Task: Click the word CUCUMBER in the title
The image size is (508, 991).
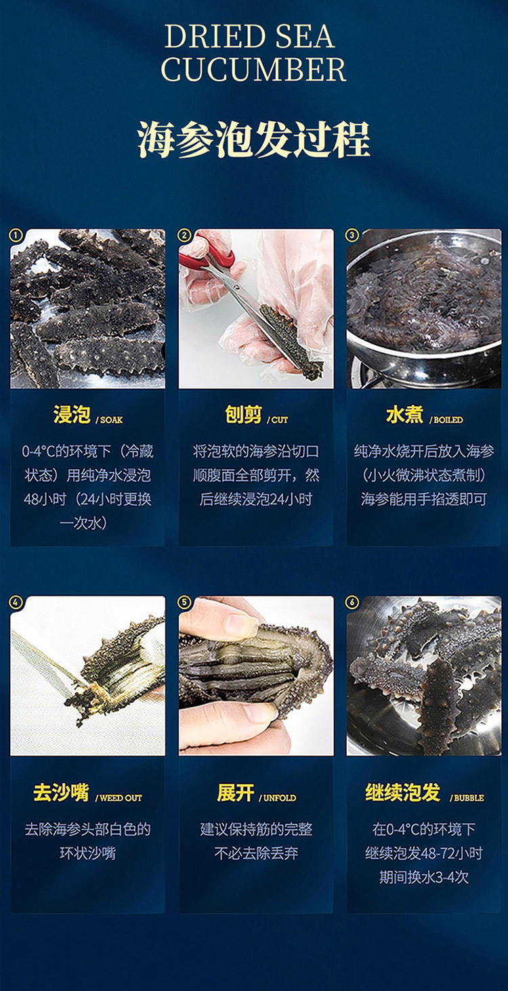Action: [254, 70]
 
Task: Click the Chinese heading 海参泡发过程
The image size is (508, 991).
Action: [254, 139]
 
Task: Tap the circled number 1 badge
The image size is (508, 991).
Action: [16, 236]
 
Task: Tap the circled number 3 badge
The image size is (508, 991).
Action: [352, 236]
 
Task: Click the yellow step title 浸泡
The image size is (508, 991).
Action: [72, 415]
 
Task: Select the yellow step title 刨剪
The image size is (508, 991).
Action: [244, 415]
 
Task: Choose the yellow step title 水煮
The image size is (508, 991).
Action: [404, 415]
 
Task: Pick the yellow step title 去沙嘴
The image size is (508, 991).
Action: [61, 793]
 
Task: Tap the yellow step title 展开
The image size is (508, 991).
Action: [235, 793]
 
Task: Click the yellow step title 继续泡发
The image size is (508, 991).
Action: [403, 793]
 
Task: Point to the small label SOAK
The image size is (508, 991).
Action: [111, 420]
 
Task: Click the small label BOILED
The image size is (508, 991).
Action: [448, 420]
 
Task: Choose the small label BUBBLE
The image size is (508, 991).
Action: [469, 798]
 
